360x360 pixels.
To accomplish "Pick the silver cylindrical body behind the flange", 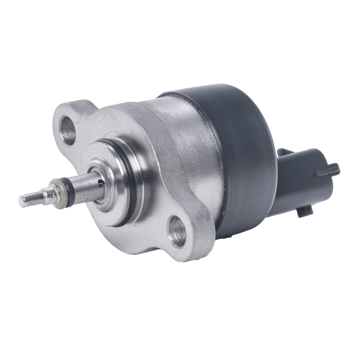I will [186, 138].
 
